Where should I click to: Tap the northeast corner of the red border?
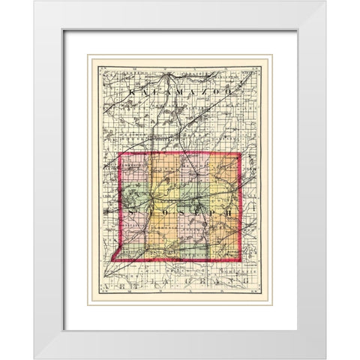click(240, 154)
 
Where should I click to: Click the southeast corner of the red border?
click(241, 262)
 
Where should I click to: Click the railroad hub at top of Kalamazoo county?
click(173, 75)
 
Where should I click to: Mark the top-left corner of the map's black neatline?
click(92, 58)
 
